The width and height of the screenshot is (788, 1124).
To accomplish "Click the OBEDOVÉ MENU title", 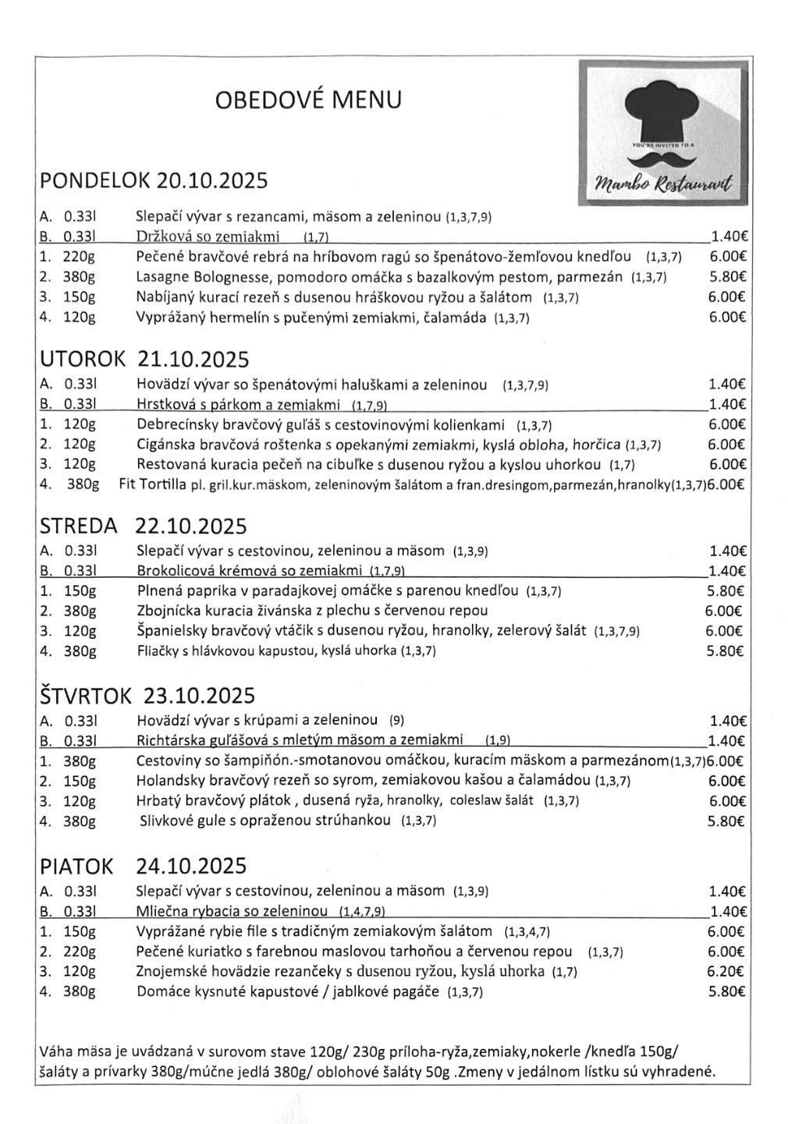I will tap(308, 101).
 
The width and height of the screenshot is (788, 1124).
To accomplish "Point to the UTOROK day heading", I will tap(82, 359).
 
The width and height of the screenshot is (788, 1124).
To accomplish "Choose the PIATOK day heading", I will tap(76, 866).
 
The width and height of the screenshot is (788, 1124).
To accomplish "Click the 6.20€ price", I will tap(726, 971).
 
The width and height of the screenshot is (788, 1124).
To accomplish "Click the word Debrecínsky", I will tap(175, 424).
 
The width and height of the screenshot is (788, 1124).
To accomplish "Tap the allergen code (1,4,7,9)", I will tap(364, 912).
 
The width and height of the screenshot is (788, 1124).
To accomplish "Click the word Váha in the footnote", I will tap(54, 1050).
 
